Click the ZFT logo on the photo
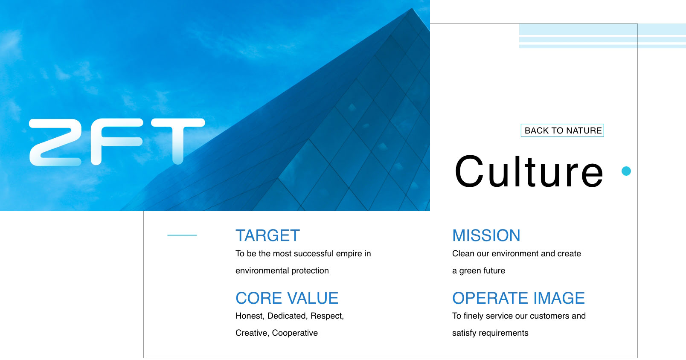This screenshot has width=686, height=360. click(x=117, y=142)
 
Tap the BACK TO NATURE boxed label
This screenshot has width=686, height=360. click(x=562, y=131)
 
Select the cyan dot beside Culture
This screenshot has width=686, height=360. click(x=626, y=171)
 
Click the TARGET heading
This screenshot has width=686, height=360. click(x=267, y=235)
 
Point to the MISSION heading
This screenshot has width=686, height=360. click(x=486, y=235)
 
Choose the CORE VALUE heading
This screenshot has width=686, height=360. click(x=287, y=298)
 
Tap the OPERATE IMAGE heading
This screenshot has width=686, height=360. click(x=518, y=298)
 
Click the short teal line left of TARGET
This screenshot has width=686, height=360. click(x=182, y=235)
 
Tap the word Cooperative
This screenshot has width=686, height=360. click(x=295, y=333)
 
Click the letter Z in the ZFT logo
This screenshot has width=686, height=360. click(x=55, y=142)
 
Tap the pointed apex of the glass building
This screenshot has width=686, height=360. click(x=411, y=9)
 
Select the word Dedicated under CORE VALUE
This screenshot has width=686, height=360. click(x=287, y=316)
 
